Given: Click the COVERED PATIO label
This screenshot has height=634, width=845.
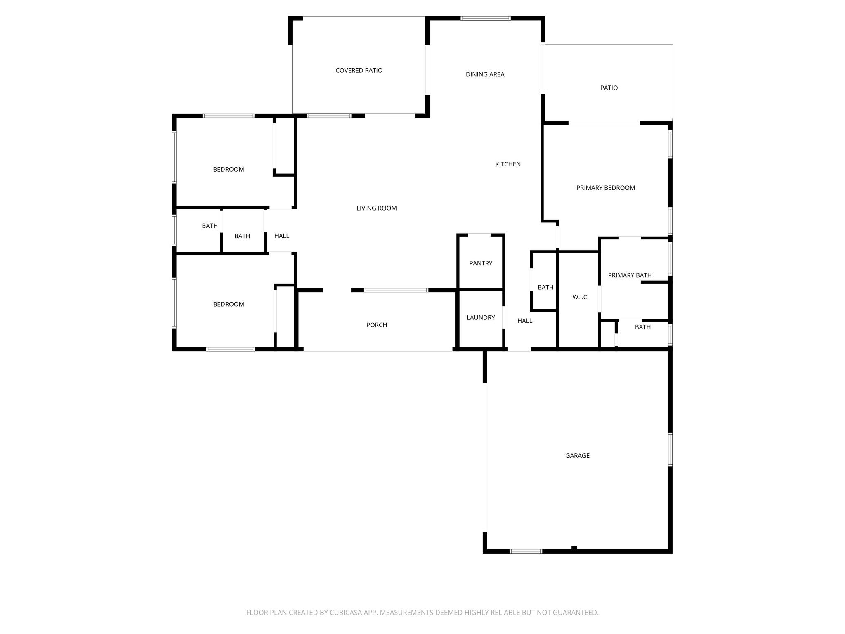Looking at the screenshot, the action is pyautogui.click(x=359, y=71).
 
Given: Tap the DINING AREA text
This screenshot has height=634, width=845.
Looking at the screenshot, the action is pyautogui.click(x=485, y=75).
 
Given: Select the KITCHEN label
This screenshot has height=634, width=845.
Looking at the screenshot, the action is pyautogui.click(x=508, y=164).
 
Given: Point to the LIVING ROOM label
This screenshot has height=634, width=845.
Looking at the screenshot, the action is pyautogui.click(x=377, y=208).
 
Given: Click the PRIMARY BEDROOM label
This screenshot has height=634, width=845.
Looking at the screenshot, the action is pyautogui.click(x=606, y=188).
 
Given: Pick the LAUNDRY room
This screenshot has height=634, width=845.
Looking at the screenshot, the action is pyautogui.click(x=481, y=319).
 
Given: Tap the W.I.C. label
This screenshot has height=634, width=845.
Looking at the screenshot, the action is pyautogui.click(x=581, y=297).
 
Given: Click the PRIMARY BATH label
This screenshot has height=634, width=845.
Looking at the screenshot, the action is pyautogui.click(x=630, y=275).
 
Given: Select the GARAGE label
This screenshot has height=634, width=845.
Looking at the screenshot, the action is pyautogui.click(x=577, y=456).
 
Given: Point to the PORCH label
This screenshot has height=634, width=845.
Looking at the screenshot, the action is pyautogui.click(x=377, y=325).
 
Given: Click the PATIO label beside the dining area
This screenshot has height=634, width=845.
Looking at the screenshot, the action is pyautogui.click(x=609, y=88).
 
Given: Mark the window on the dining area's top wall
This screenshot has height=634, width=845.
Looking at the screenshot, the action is pyautogui.click(x=486, y=18).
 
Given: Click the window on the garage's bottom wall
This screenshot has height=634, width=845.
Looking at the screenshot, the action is pyautogui.click(x=526, y=551).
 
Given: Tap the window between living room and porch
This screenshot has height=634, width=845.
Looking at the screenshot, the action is pyautogui.click(x=396, y=290).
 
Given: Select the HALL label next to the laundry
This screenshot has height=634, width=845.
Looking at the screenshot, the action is pyautogui.click(x=525, y=321).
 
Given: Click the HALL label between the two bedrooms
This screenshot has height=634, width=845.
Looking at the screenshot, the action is pyautogui.click(x=282, y=236).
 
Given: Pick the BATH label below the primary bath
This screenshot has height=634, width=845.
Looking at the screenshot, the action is pyautogui.click(x=643, y=327).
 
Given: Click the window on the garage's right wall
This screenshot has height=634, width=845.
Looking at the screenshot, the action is pyautogui.click(x=670, y=449).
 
